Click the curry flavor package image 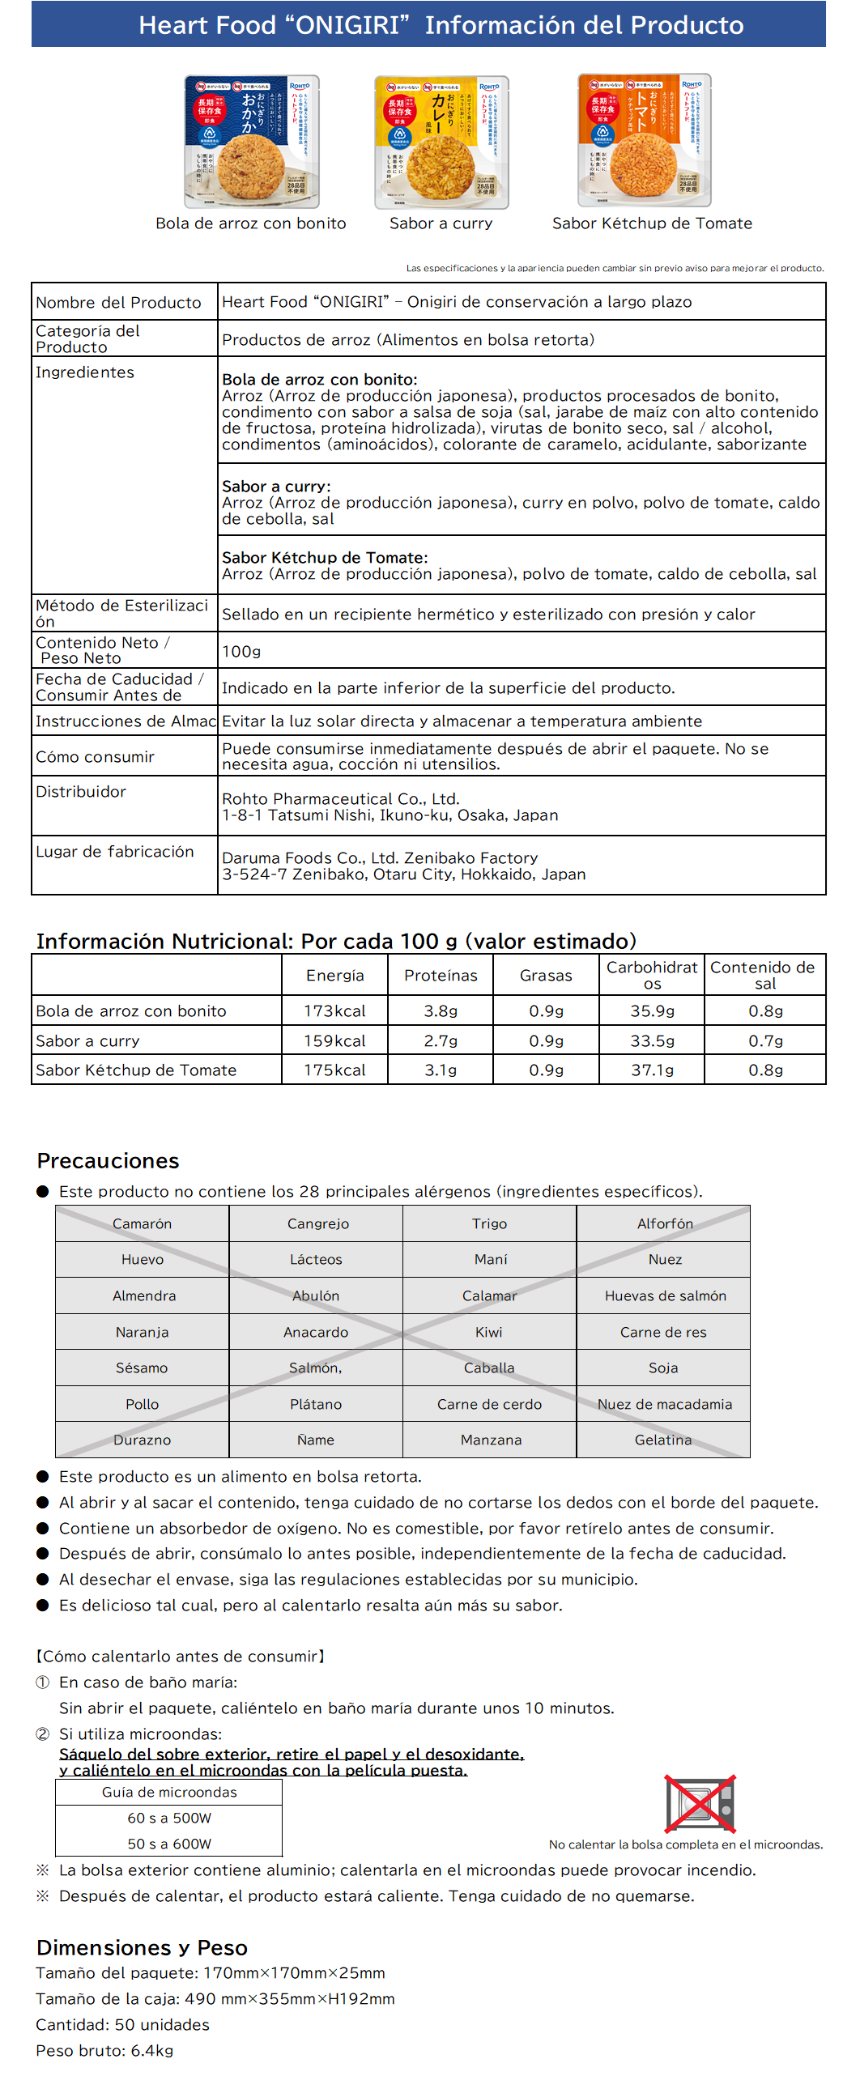pos(441,143)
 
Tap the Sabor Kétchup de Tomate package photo pos(644,141)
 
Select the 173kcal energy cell pos(335,1010)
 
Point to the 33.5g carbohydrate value pos(652,1040)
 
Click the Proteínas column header pos(441,975)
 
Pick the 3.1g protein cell pos(441,1070)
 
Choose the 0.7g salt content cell pos(765,1040)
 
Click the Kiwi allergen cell pos(489,1333)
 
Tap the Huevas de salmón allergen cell pos(664,1296)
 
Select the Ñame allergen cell pos(315,1440)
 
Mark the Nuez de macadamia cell pos(664,1404)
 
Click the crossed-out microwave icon pos(700,1804)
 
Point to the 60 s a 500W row pos(169,1819)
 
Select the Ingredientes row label pos(85,372)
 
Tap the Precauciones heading pos(109,1161)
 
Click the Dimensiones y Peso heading pos(143,1947)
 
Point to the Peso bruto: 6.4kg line pos(104,2051)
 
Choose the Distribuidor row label pos(81,791)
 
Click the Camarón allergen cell pos(143,1223)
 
